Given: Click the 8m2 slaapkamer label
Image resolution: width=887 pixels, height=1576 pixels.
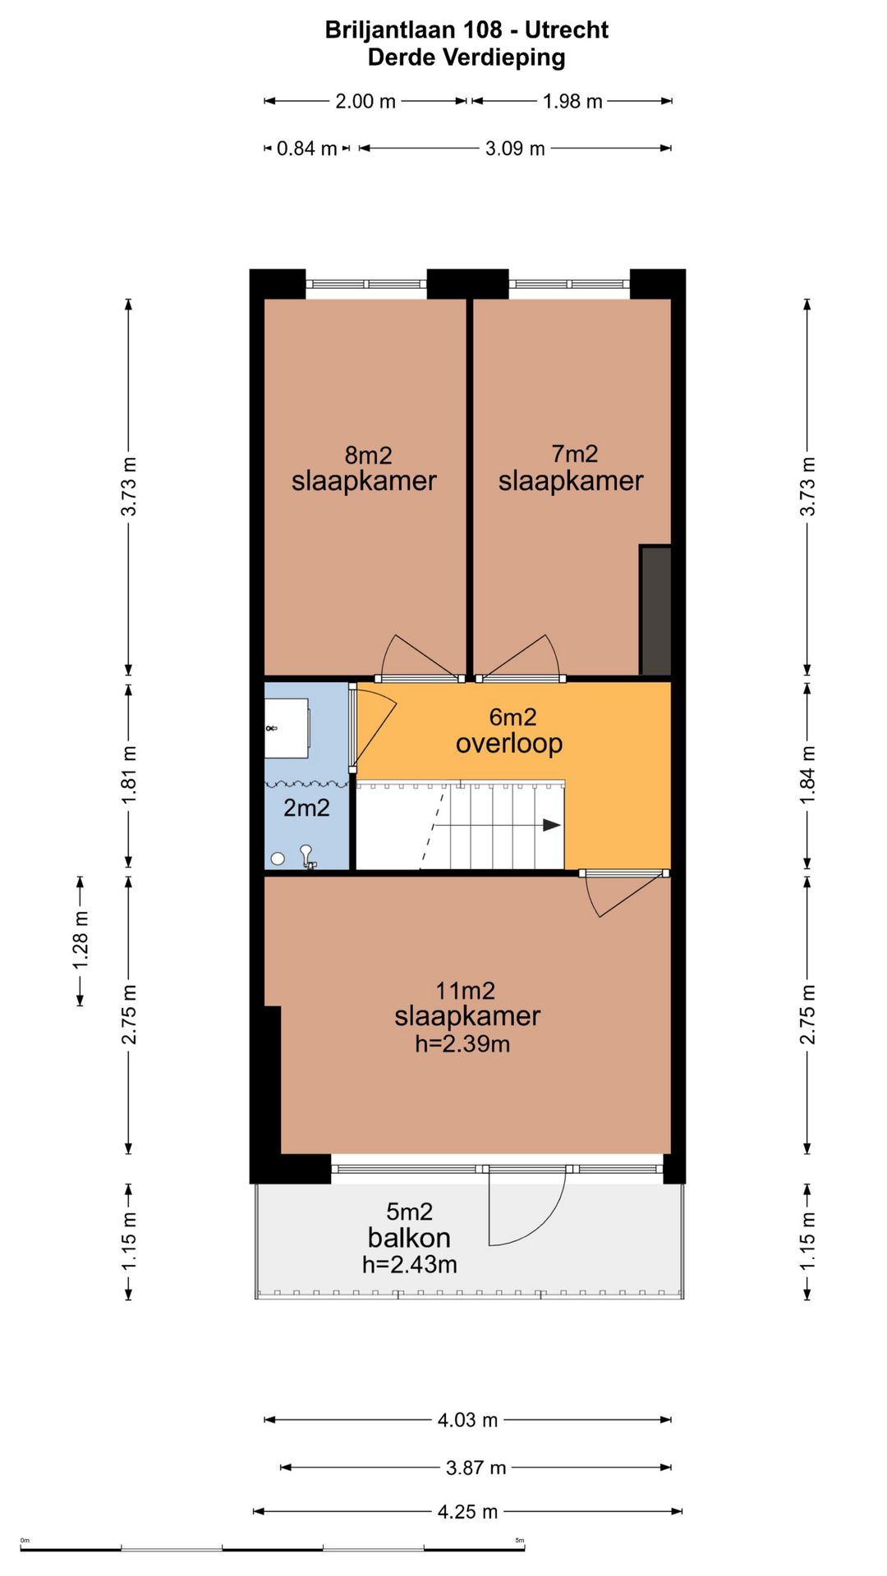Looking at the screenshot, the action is pos(364,469).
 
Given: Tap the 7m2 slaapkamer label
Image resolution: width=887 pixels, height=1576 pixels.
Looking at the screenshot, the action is pos(571,468).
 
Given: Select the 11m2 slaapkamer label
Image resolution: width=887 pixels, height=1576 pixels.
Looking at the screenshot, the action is pos(467,1018).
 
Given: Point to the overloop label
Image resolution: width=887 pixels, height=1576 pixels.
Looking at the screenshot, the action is pos(509,731).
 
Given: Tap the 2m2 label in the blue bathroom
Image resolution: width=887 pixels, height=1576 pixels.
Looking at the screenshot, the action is pos(306,809).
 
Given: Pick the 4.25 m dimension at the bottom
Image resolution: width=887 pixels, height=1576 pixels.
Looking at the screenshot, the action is pos(468,1511).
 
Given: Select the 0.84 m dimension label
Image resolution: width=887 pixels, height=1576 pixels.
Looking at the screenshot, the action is pos(307,149).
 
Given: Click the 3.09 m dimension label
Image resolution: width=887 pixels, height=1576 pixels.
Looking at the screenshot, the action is pos(515,149).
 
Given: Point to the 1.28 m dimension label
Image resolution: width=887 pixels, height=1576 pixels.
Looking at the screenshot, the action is pos(80,940).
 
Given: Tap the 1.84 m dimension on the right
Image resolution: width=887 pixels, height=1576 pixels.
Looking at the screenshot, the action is pos(807,776).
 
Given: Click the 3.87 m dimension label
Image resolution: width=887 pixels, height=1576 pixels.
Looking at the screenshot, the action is pos(476,1468).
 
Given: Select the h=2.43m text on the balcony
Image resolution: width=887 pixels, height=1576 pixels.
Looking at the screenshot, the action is pos(409,1265).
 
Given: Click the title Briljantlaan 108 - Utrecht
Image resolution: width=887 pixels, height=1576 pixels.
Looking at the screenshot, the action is pos(466,30).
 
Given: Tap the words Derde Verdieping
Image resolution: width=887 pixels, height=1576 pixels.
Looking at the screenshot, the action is pos(466,57).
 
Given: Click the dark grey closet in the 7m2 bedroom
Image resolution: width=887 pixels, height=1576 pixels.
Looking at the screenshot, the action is pos(655,611).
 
